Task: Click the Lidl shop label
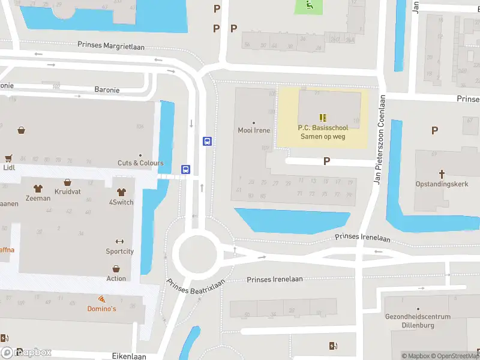click(9, 168)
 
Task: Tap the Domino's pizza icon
click(101, 299)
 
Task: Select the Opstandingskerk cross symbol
click(442, 175)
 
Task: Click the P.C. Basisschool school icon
click(323, 118)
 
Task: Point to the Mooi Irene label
click(254, 130)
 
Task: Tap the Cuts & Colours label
click(140, 163)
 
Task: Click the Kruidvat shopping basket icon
click(68, 182)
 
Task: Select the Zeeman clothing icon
click(38, 188)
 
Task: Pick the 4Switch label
click(121, 202)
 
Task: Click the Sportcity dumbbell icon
click(119, 242)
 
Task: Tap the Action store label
click(116, 278)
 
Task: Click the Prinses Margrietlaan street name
click(111, 46)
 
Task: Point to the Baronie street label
click(107, 90)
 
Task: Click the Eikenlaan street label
click(129, 356)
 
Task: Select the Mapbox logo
click(27, 353)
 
